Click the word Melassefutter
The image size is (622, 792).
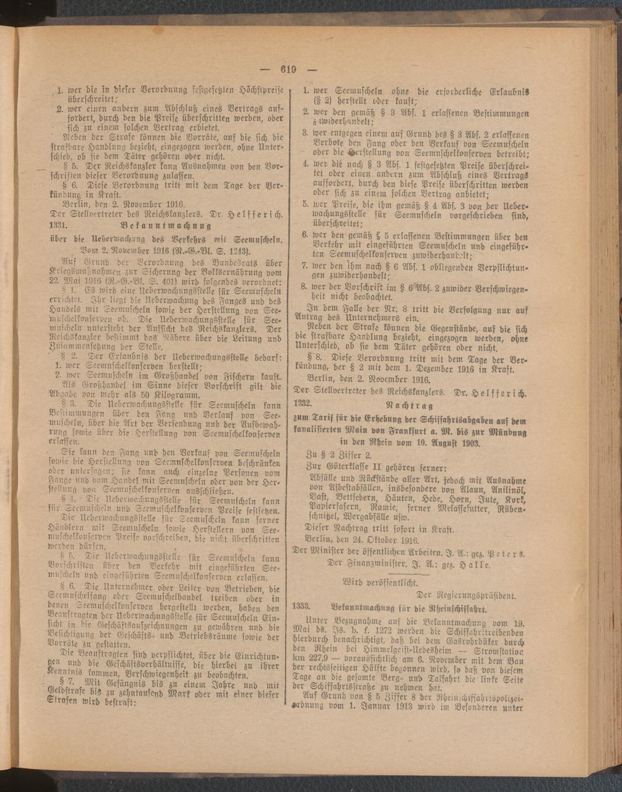point(460,509)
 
